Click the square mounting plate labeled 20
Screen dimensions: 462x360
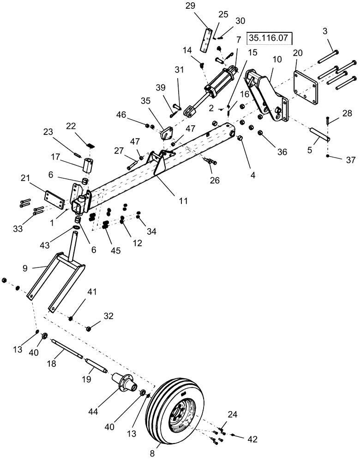pyautogui.click(x=305, y=92)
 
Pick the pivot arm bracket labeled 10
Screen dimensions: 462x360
pyautogui.click(x=265, y=97)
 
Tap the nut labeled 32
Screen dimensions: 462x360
pyautogui.click(x=90, y=328)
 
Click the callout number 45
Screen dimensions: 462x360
pyautogui.click(x=115, y=250)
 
